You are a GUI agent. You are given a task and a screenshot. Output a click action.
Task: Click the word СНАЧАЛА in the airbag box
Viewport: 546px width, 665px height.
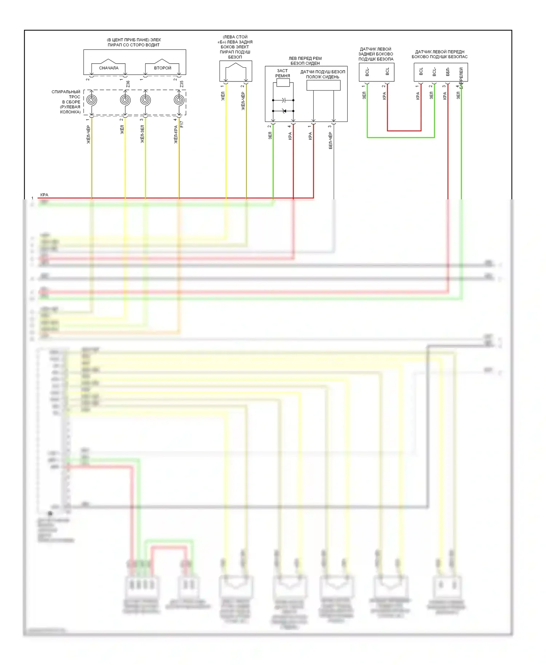click(108, 68)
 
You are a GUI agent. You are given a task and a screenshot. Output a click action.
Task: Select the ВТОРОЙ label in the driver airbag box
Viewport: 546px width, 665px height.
click(162, 68)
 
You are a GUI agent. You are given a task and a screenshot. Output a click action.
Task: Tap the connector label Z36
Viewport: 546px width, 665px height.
click(128, 84)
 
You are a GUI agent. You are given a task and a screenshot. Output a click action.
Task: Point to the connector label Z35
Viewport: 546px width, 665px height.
click(182, 84)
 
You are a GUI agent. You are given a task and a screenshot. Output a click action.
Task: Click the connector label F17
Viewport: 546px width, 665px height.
click(182, 124)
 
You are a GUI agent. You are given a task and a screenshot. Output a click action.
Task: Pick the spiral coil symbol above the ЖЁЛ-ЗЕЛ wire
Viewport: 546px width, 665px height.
click(145, 100)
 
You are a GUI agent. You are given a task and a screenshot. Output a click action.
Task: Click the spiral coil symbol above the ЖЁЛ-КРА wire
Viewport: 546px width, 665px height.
click(179, 100)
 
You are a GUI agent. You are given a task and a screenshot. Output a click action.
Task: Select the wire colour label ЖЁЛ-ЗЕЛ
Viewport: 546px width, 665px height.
click(142, 134)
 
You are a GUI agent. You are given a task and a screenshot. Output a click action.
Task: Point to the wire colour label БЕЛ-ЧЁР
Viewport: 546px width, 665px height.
click(331, 140)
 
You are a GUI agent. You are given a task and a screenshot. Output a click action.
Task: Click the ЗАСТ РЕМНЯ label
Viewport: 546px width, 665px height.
click(282, 73)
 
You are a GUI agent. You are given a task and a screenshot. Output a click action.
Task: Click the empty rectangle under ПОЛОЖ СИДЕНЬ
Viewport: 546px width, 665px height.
click(323, 85)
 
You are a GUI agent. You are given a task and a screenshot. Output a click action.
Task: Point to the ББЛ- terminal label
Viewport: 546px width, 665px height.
click(448, 71)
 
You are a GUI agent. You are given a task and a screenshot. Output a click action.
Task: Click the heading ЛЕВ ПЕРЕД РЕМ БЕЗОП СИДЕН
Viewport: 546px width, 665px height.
click(305, 61)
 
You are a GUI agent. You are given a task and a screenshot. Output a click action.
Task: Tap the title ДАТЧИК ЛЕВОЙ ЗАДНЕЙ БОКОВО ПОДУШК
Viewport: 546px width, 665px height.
click(376, 54)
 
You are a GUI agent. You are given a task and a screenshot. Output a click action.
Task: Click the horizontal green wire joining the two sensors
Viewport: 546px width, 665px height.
click(400, 138)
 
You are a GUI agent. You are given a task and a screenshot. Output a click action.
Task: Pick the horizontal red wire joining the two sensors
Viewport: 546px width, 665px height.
click(404, 131)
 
